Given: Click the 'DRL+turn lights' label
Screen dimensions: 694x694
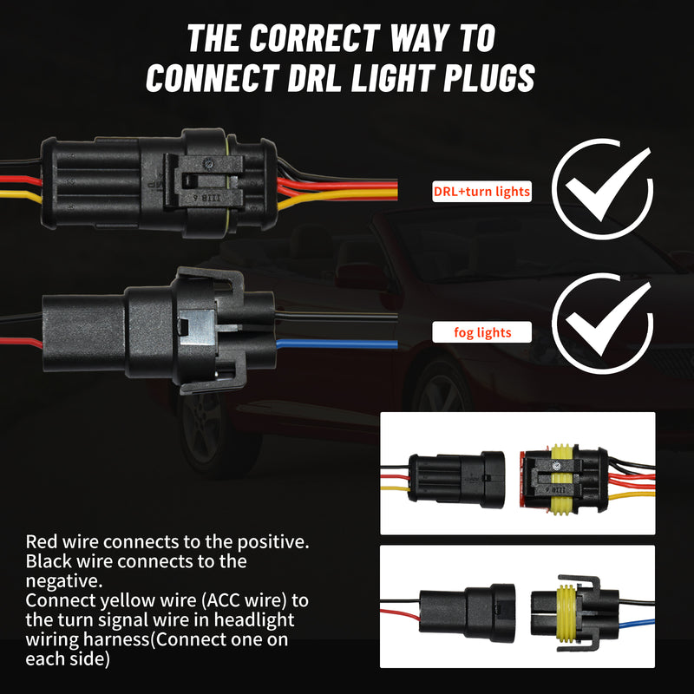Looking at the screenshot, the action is pyautogui.click(x=481, y=192).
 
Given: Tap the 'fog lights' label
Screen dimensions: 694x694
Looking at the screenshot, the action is pyautogui.click(x=482, y=332).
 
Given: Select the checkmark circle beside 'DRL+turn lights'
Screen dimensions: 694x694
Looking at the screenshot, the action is pyautogui.click(x=602, y=189).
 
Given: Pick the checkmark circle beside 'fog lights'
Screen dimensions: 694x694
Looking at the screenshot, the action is pyautogui.click(x=602, y=324).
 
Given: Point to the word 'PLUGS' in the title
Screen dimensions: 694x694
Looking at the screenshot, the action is pyautogui.click(x=489, y=78).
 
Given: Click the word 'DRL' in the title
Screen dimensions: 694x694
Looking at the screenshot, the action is pyautogui.click(x=314, y=78).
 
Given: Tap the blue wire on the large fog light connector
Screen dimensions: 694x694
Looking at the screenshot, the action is pyautogui.click(x=337, y=344).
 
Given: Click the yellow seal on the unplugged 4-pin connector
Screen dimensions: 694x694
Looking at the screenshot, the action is pyautogui.click(x=561, y=480).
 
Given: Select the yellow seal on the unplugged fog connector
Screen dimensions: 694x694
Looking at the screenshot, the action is pyautogui.click(x=566, y=614).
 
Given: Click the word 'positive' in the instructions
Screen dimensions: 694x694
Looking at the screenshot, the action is pyautogui.click(x=271, y=541).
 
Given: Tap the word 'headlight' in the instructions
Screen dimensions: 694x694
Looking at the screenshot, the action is pyautogui.click(x=254, y=619).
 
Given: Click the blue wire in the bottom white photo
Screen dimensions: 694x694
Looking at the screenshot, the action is pyautogui.click(x=637, y=624).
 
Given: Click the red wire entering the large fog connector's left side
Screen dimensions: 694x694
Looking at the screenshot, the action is pyautogui.click(x=21, y=342).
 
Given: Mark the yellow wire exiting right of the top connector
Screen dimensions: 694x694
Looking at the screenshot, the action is pyautogui.click(x=337, y=196).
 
